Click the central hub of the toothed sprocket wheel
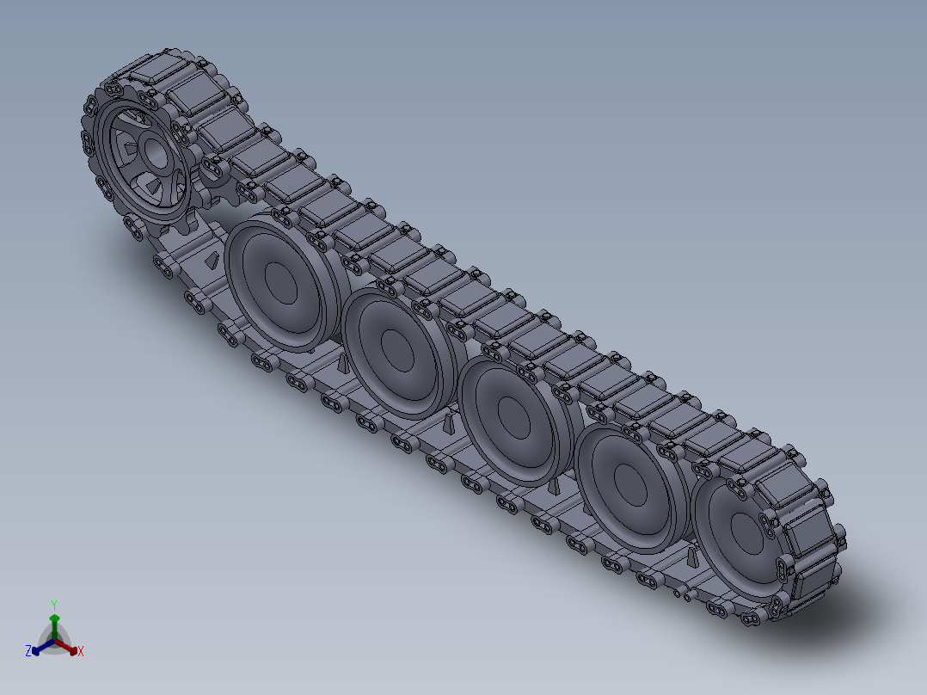pos(156,153)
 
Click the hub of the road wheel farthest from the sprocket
pos(747,532)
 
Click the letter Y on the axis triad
pos(54,605)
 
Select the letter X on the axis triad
pos(81,651)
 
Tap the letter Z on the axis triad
pos(28,650)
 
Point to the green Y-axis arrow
pos(54,626)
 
